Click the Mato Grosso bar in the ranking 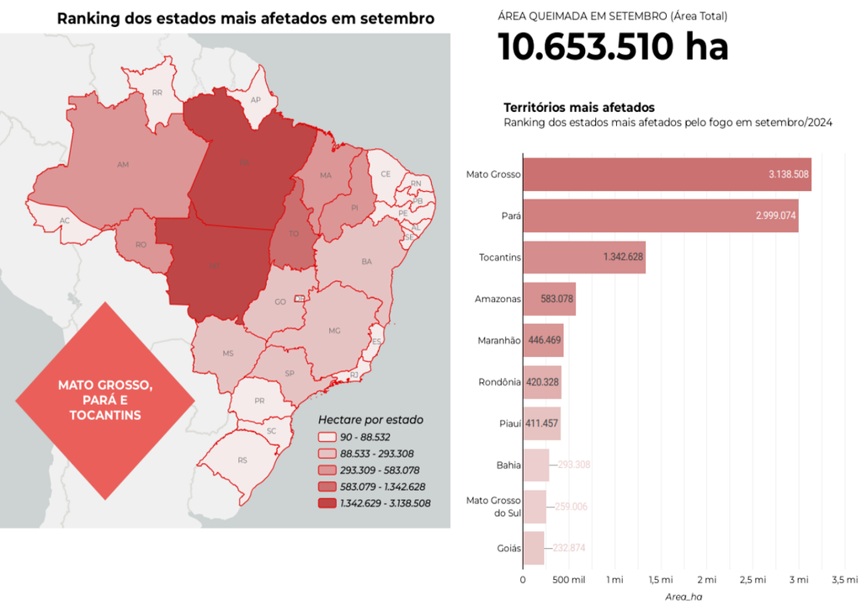tap(667, 174)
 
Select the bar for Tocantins tap(584, 257)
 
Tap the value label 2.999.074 tap(775, 215)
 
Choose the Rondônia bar tap(542, 382)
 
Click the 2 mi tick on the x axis tap(706, 580)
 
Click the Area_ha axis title tap(683, 596)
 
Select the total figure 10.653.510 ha tap(613, 47)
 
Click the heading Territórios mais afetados tap(579, 108)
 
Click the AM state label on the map tap(123, 164)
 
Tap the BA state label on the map tap(366, 262)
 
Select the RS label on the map tap(242, 460)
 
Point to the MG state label tap(334, 331)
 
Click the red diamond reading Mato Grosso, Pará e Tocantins tap(105, 400)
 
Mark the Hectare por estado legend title tap(370, 419)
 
